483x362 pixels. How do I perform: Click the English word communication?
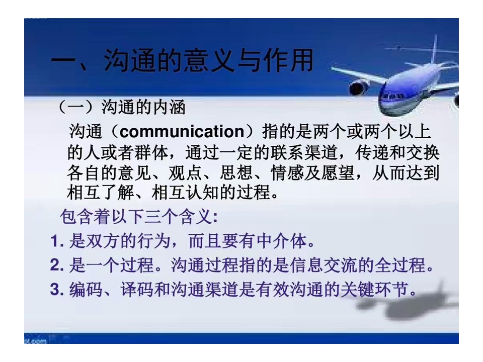(x=182, y=132)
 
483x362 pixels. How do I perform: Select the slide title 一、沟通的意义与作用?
(x=182, y=61)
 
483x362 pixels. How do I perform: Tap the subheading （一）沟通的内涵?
(x=122, y=108)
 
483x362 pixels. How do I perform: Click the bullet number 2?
(x=57, y=265)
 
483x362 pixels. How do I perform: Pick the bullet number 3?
(x=57, y=290)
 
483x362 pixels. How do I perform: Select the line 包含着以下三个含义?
(x=139, y=217)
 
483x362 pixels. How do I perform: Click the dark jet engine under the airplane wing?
(x=359, y=87)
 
